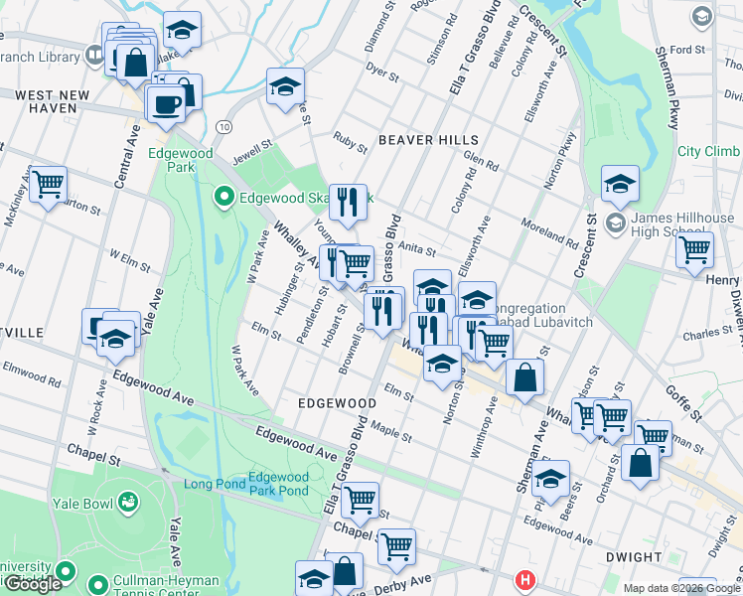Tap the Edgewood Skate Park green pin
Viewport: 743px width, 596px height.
click(x=224, y=197)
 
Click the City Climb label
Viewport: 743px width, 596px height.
click(x=708, y=151)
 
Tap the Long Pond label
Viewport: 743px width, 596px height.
click(x=212, y=484)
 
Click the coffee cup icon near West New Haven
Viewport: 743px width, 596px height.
click(x=165, y=102)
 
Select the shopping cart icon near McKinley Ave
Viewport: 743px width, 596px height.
click(x=48, y=185)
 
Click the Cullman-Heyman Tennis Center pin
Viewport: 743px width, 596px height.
click(x=97, y=584)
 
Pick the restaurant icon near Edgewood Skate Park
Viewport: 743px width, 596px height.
click(x=348, y=203)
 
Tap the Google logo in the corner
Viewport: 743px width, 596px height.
click(x=32, y=584)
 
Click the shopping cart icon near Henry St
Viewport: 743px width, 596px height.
click(x=694, y=249)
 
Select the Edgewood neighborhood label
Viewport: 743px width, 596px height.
click(x=338, y=403)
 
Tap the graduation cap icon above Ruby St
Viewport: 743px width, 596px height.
click(x=285, y=86)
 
